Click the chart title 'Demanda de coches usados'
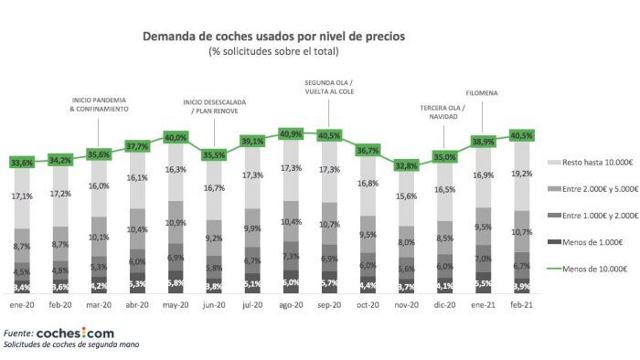tap(274, 37)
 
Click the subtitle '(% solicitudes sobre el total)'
tap(274, 52)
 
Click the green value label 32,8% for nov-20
tap(405, 166)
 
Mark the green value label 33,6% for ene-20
tap(22, 163)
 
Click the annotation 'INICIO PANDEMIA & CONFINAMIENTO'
tap(99, 103)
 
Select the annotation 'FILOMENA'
tap(482, 92)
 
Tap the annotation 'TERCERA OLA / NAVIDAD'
tap(443, 111)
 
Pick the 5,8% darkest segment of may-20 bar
tap(176, 282)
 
